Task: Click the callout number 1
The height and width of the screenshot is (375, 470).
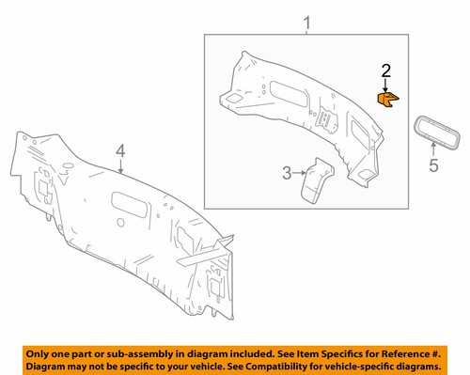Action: [305, 22]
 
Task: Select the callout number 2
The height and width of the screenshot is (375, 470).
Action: [385, 70]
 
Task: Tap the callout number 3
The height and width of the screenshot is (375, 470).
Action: [287, 172]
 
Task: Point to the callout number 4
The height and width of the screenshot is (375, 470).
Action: [119, 150]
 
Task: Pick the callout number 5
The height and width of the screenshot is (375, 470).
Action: [433, 167]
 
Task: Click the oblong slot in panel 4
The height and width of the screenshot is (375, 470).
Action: [127, 199]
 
